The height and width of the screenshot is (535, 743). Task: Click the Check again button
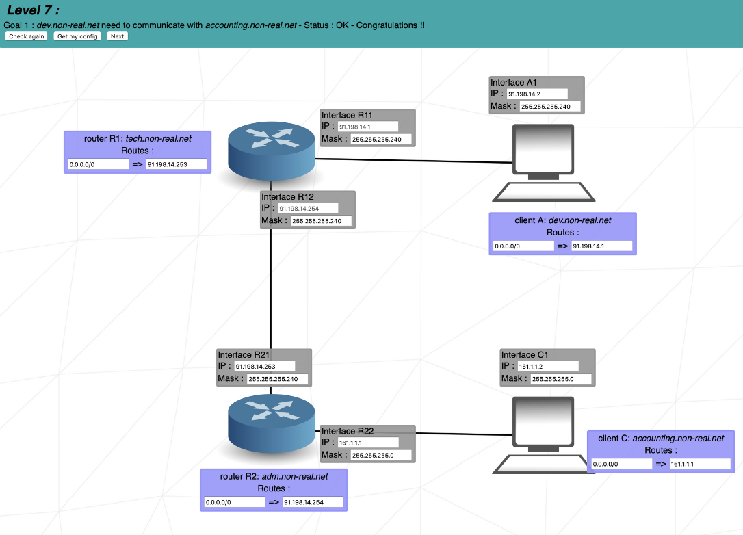(27, 36)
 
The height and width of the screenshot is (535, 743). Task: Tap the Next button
(117, 36)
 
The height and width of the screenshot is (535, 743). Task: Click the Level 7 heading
(34, 10)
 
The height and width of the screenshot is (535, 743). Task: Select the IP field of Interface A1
(537, 94)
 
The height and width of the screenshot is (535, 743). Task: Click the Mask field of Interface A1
(550, 107)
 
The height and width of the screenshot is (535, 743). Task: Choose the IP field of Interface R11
(367, 127)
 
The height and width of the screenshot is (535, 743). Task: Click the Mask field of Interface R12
(321, 221)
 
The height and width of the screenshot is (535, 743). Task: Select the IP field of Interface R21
(264, 366)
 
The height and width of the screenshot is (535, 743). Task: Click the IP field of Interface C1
(548, 366)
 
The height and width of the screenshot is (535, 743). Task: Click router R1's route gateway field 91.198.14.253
(177, 164)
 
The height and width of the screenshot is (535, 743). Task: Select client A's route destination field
(523, 246)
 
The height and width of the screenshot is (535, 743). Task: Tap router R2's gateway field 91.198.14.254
(313, 502)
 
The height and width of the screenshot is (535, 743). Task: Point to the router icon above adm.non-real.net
(271, 423)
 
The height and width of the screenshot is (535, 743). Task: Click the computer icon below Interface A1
(544, 163)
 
